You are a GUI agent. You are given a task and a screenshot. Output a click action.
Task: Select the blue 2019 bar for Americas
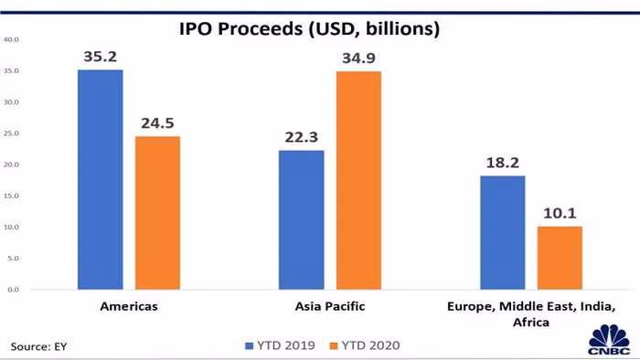click(x=101, y=179)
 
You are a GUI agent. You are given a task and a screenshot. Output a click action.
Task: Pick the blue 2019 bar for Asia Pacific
click(x=302, y=219)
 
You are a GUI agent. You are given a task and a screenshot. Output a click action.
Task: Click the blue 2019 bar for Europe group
click(x=502, y=232)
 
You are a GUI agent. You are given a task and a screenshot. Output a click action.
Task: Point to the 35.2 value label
click(x=101, y=58)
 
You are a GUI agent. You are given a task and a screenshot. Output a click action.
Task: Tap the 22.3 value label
click(x=302, y=138)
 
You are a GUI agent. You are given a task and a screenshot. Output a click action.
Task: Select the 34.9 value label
click(x=358, y=59)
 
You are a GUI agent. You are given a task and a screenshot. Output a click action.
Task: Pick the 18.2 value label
click(x=502, y=164)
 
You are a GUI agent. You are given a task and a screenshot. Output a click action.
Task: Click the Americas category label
click(x=129, y=306)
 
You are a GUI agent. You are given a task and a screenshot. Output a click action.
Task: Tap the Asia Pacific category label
click(x=330, y=306)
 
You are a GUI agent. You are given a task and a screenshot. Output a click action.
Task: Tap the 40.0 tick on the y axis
click(x=13, y=39)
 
